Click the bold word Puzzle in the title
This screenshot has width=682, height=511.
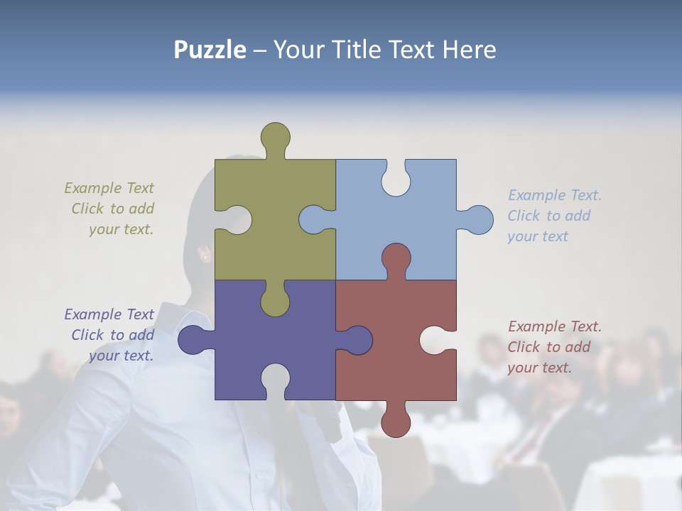coord(210,50)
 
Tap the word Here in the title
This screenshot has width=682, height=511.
coord(468,50)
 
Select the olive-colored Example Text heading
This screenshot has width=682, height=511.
coord(109,188)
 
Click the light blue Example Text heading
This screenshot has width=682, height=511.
coord(554,195)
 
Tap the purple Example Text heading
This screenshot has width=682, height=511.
coord(109,314)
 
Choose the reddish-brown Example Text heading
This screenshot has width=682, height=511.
coord(554,326)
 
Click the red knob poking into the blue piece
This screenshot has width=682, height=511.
coord(396,260)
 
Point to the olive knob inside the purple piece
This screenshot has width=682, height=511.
coord(275,299)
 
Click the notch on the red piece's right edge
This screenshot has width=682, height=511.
coord(436,340)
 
